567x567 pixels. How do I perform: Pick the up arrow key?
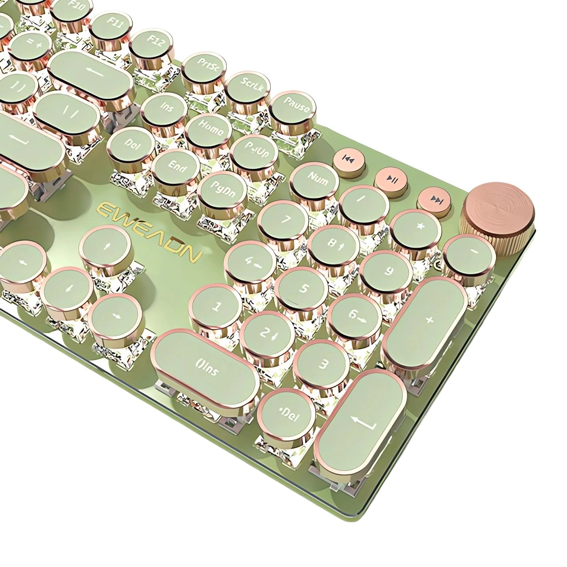[x=105, y=246]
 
